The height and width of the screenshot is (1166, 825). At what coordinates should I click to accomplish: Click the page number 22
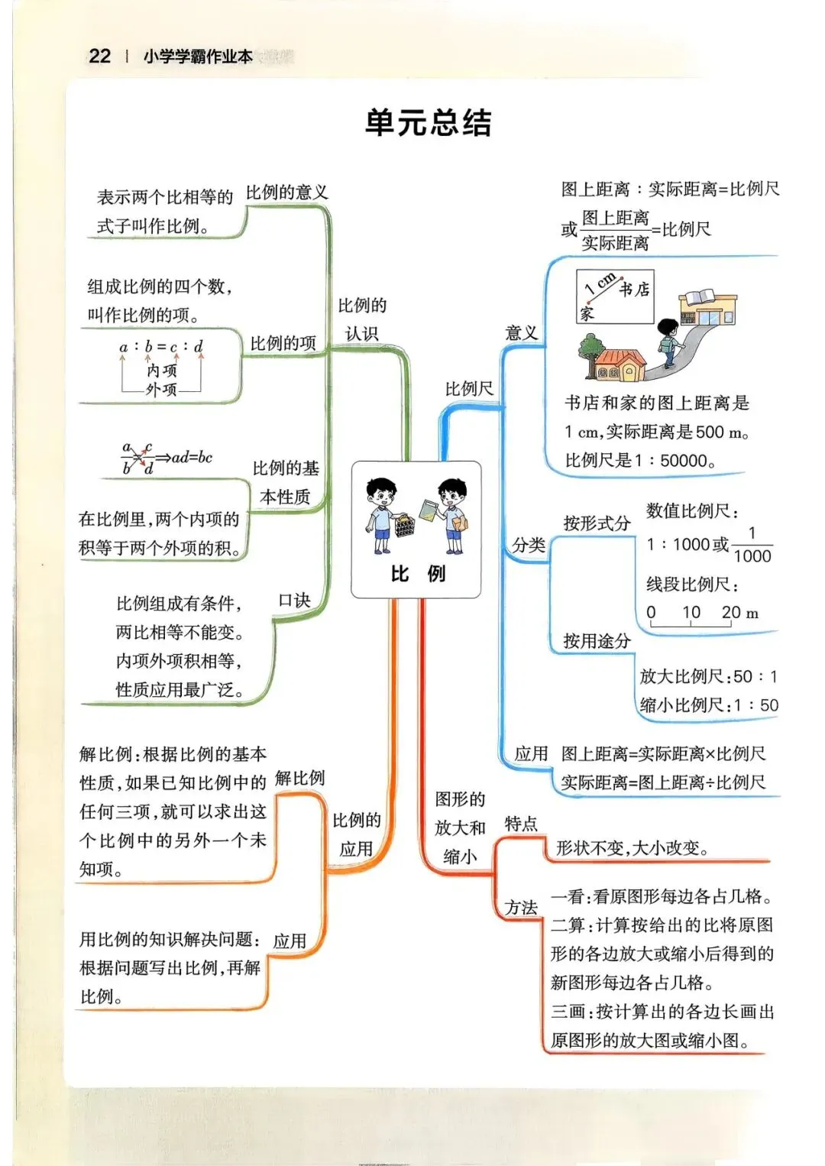pos(100,56)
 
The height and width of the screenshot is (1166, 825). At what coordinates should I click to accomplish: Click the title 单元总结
pos(428,122)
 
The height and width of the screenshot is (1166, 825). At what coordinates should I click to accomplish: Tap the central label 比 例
pos(417,573)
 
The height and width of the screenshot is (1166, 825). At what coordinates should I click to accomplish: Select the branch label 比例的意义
pos(286,193)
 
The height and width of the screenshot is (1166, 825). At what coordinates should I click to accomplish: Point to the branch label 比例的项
pos(283,344)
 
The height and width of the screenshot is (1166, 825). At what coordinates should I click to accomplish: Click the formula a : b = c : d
pos(161,347)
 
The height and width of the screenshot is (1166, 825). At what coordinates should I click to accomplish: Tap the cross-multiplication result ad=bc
pos(192,458)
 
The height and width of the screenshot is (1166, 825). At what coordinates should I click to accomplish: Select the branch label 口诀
pos(294,601)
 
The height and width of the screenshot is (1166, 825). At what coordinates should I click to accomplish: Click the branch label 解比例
pos(299,779)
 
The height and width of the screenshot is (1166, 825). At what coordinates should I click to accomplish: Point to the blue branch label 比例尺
pos(469,389)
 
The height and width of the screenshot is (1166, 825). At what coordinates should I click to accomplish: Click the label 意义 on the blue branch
pos(522,333)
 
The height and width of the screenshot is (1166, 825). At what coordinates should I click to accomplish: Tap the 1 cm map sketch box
pos(614,296)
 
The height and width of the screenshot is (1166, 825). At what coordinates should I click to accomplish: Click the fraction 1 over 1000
pos(752,545)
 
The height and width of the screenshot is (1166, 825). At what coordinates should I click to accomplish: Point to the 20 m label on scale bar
pos(739,613)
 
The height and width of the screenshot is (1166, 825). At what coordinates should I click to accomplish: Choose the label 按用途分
pos(597,641)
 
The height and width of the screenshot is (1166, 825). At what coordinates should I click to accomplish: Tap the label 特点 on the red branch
pos(521,824)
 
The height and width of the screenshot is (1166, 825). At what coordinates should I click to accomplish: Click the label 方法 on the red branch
pos(521,908)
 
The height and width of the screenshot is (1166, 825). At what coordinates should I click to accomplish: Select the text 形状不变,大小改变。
pos(632,848)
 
